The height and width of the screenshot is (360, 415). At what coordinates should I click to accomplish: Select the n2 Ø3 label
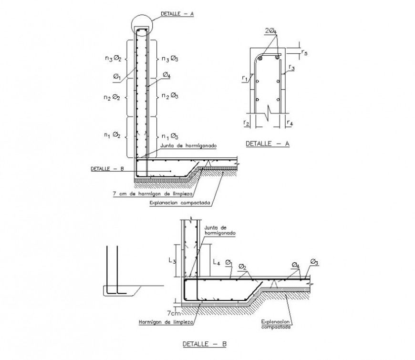170,97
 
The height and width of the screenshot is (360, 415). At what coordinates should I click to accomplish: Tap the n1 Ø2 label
113,135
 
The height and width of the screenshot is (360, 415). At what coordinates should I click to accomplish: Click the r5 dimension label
304,52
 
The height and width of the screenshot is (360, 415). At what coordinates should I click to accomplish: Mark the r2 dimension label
246,123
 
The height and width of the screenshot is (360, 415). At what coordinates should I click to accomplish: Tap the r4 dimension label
290,123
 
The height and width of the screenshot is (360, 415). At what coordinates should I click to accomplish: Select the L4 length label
216,262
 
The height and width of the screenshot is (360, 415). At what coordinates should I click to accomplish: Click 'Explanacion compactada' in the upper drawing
180,203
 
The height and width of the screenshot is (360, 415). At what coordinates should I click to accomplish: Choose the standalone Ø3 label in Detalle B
314,261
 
